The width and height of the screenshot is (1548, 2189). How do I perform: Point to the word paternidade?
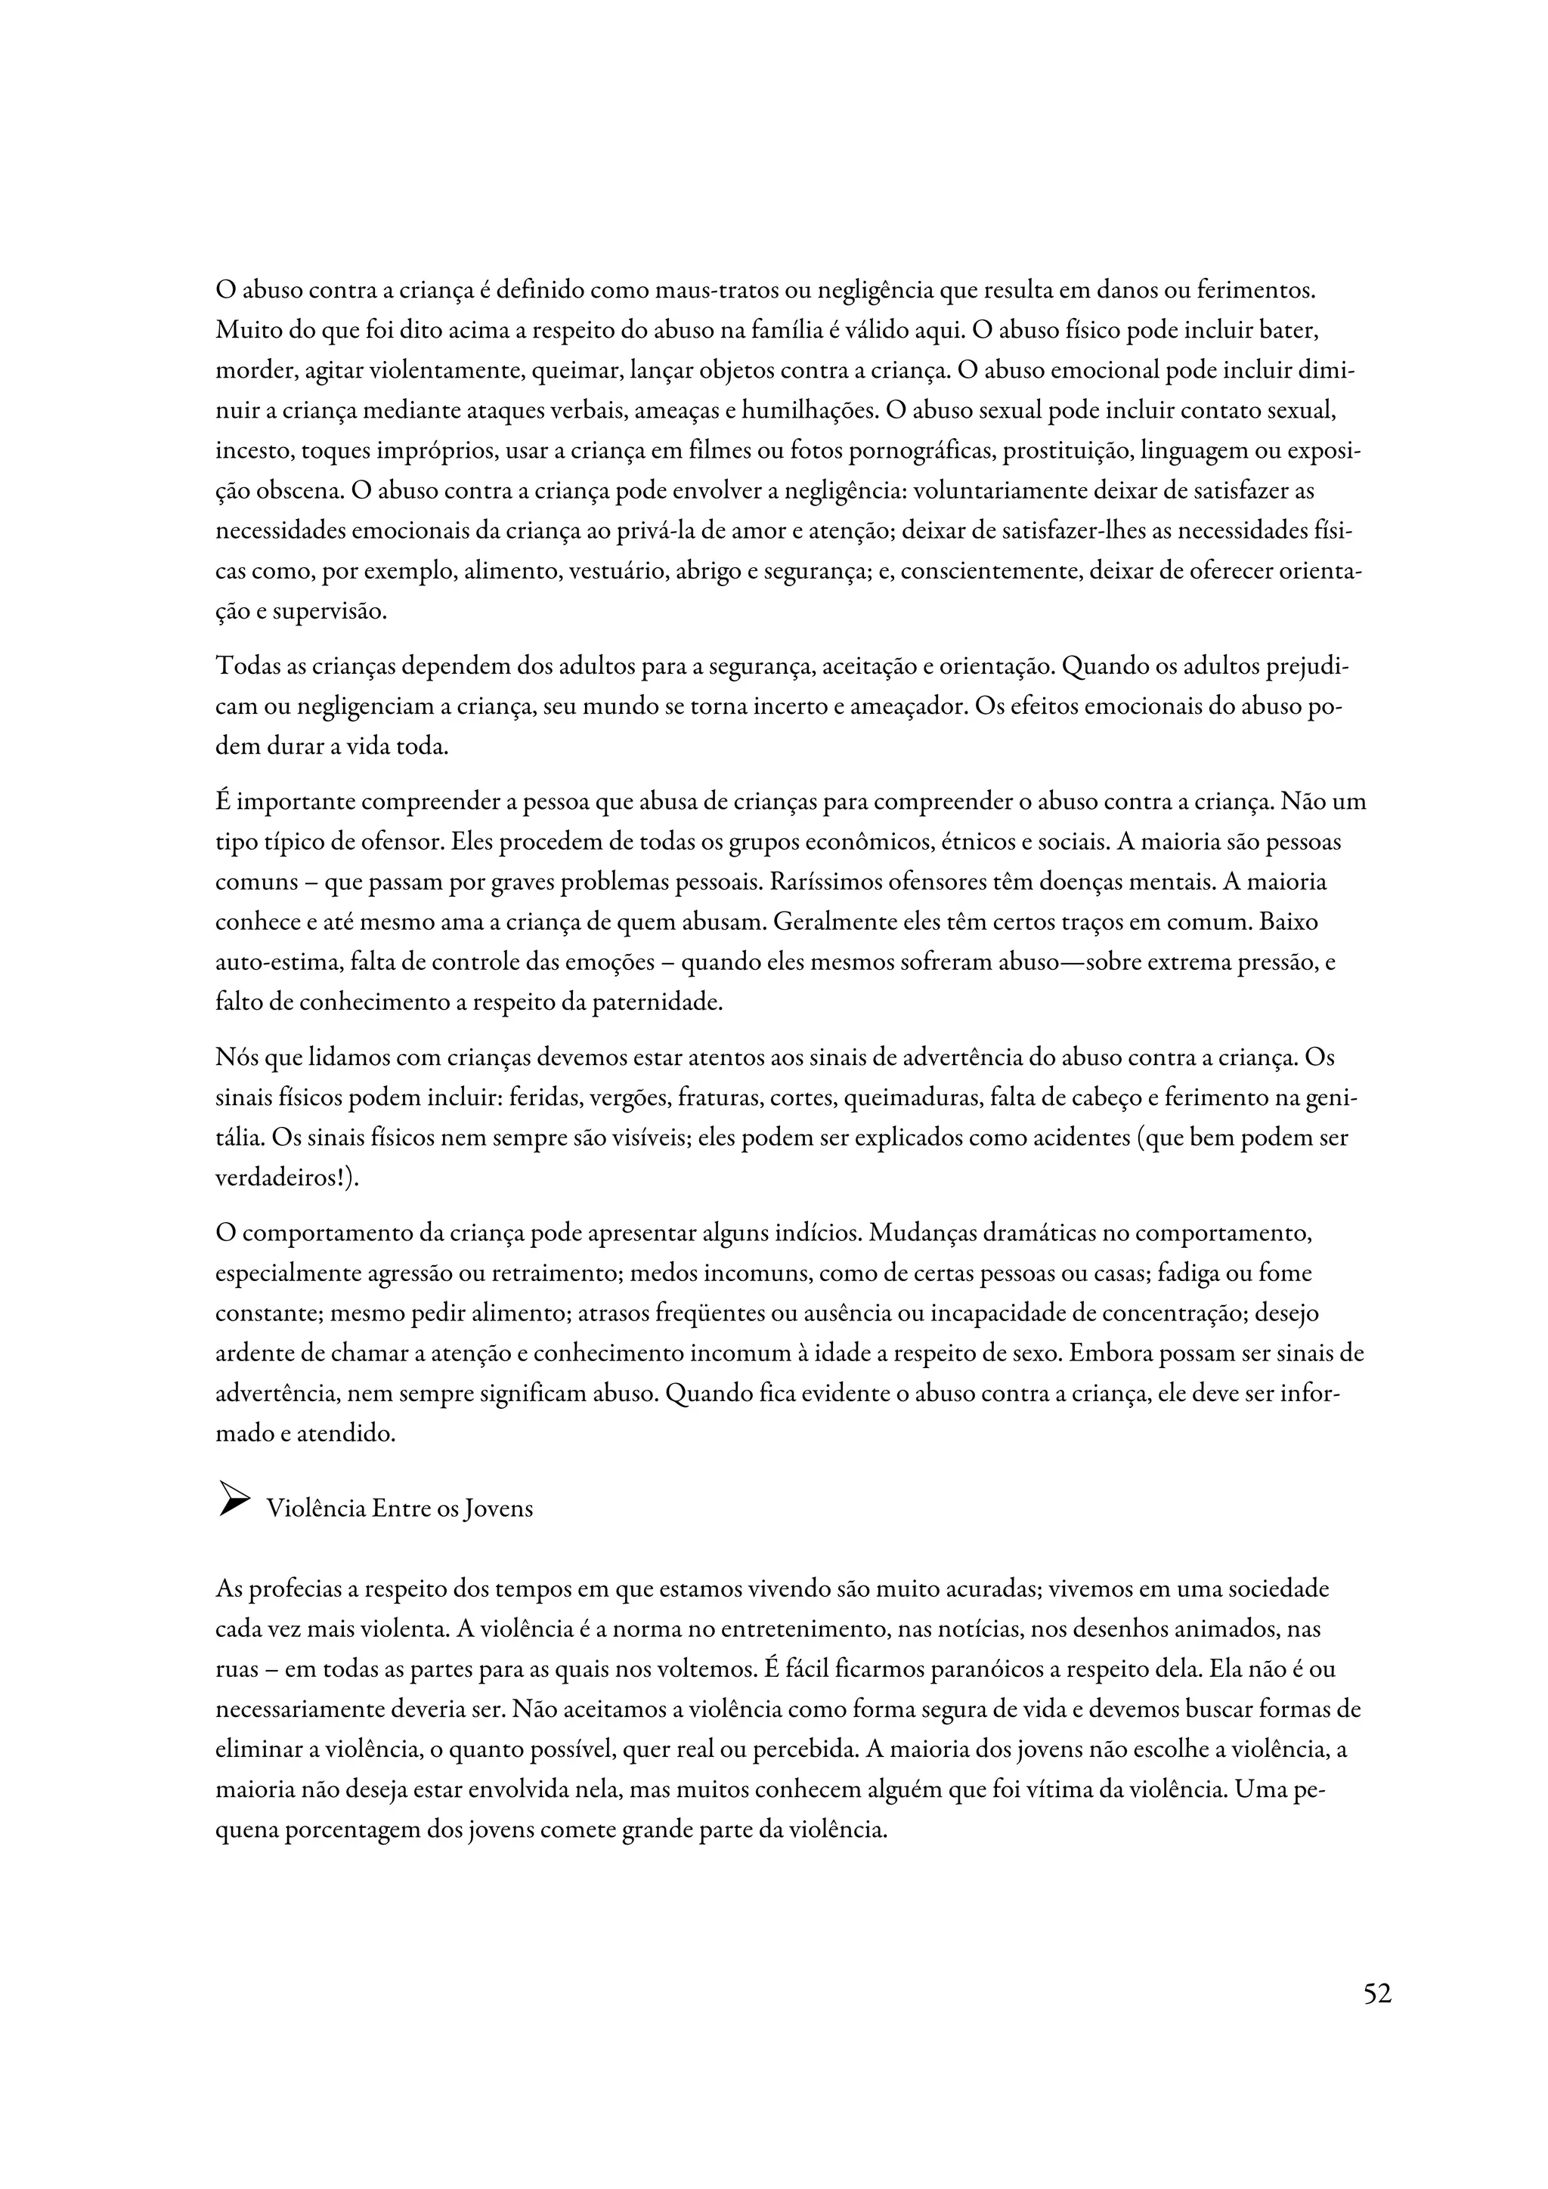(x=659, y=1003)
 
